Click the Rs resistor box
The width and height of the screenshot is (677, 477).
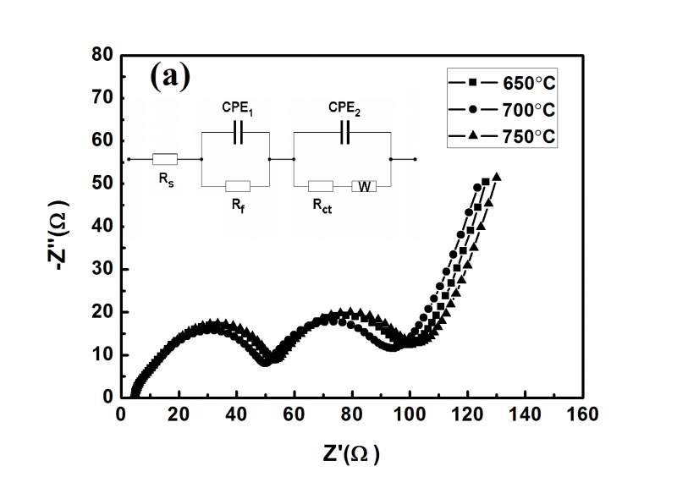pos(164,159)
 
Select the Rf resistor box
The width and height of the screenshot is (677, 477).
pos(237,186)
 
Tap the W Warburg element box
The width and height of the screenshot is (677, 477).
pos(364,186)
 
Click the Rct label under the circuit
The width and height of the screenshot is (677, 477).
pos(322,204)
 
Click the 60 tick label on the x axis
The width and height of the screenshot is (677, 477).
pos(294,414)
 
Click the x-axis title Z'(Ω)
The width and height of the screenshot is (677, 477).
pos(347,453)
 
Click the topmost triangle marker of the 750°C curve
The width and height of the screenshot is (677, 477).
pos(497,177)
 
